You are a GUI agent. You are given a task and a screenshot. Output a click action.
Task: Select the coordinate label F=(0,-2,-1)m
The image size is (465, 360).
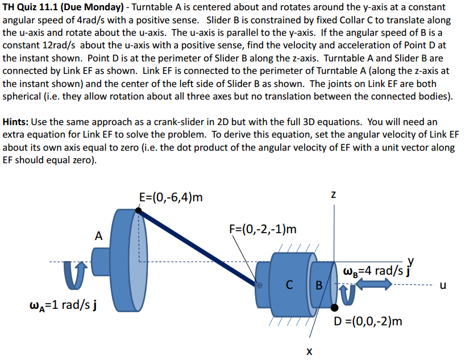click(x=263, y=229)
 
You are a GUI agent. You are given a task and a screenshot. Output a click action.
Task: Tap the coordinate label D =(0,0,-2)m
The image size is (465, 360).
click(x=368, y=321)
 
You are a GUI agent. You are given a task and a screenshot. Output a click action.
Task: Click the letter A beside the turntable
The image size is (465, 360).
click(x=99, y=235)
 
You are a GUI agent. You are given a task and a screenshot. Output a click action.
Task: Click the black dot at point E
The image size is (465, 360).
click(x=139, y=210)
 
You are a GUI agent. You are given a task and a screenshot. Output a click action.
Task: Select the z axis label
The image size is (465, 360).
click(x=334, y=195)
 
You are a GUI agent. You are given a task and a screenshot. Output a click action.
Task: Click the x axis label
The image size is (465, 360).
click(x=309, y=351)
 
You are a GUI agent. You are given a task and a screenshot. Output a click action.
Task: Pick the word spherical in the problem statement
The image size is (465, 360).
click(x=25, y=96)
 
